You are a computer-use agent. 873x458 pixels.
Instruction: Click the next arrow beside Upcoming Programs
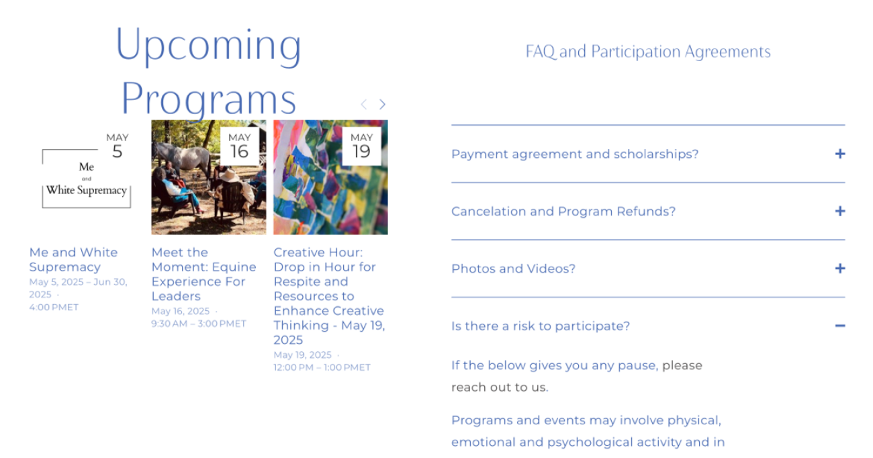[382, 104]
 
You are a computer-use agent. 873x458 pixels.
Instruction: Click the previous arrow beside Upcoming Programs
[363, 104]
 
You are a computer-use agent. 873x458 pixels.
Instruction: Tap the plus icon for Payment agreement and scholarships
[840, 154]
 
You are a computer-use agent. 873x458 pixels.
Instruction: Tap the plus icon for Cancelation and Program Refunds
[840, 211]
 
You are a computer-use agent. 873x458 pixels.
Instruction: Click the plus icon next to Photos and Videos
[840, 268]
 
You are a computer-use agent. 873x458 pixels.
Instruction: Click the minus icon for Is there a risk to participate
[840, 326]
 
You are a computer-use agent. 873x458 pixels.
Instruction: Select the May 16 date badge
[239, 146]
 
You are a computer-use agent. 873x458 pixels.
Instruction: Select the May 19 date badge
[362, 146]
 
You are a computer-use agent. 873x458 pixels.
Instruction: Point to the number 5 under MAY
[118, 152]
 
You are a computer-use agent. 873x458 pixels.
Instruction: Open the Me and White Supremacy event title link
[73, 260]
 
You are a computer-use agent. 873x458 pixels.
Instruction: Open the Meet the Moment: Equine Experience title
[204, 274]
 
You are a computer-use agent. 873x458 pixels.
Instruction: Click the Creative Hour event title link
[329, 296]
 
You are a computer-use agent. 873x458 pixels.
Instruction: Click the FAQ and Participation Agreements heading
[648, 52]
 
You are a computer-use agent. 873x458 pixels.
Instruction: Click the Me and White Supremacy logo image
[87, 179]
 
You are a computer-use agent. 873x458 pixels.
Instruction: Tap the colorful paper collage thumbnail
[330, 177]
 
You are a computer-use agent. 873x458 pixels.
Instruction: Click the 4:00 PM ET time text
[54, 307]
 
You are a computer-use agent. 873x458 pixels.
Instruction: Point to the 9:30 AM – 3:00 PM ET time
[199, 324]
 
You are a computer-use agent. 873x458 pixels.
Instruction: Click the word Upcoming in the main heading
[209, 46]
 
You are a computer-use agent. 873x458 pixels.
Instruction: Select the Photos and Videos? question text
[513, 269]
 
